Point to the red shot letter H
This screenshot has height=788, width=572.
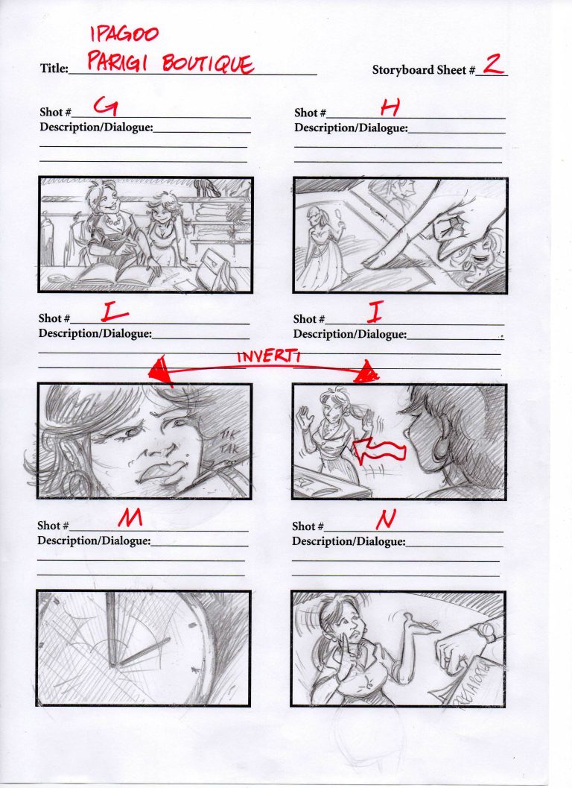(390, 108)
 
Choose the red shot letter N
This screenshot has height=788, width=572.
(387, 516)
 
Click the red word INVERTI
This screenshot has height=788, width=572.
(268, 356)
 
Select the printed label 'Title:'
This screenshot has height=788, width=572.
(54, 69)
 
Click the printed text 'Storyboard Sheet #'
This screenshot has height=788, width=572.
(423, 70)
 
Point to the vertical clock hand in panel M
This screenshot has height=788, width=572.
(111, 634)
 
